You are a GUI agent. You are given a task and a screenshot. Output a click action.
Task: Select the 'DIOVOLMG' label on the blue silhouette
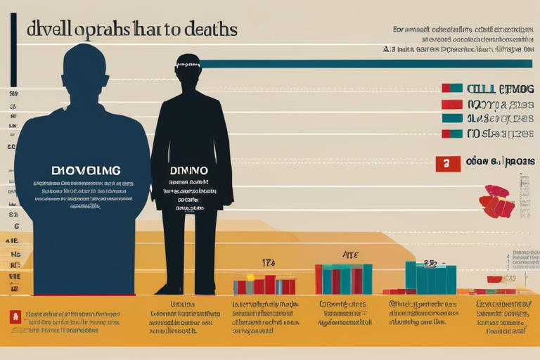(86, 170)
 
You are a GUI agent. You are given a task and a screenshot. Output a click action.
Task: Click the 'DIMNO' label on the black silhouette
(188, 170)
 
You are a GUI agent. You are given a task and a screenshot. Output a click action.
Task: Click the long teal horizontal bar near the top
(366, 64)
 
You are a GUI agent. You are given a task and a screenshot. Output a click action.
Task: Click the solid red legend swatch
(451, 104)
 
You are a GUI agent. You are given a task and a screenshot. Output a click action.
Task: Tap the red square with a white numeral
(447, 163)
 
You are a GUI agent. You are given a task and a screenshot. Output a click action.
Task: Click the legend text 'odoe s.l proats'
(500, 161)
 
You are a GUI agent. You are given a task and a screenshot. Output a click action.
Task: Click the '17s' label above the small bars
(269, 262)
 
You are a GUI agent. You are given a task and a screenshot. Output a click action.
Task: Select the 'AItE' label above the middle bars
(349, 255)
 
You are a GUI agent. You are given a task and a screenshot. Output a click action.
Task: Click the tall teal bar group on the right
(430, 278)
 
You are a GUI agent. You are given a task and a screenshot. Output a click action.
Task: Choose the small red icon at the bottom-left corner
(14, 317)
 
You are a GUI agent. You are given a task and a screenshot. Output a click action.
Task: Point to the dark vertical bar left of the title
(13, 49)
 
